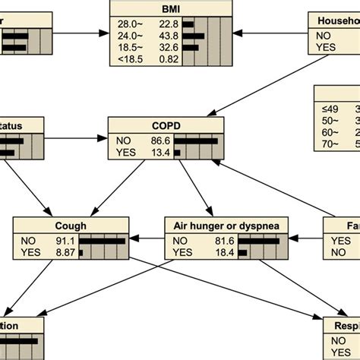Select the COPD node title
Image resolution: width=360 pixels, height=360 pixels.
point(166,125)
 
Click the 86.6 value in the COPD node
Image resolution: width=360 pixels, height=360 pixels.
point(160,141)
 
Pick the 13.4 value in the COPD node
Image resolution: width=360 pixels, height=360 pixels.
point(160,152)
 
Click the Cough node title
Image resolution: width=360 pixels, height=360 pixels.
point(70,226)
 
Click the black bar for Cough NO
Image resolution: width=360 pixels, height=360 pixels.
point(102,241)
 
